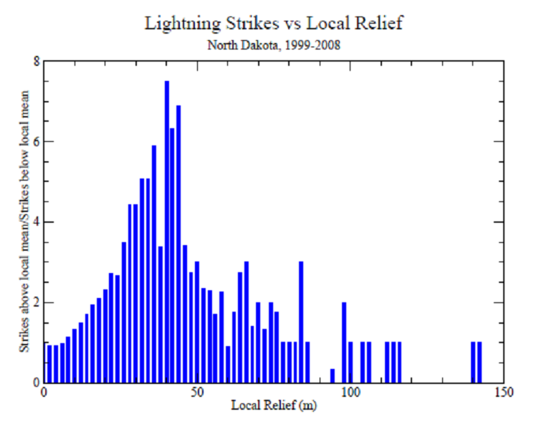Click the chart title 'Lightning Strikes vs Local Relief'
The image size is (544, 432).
[x=273, y=24]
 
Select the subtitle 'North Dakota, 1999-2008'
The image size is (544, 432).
[x=273, y=45]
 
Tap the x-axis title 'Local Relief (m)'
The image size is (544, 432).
[x=274, y=405]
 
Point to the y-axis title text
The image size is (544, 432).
[x=24, y=221]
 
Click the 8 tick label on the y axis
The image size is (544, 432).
[x=37, y=62]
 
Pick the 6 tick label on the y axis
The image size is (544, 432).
[x=37, y=141]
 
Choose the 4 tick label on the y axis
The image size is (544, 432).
[x=37, y=222]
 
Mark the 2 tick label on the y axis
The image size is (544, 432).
[x=37, y=302]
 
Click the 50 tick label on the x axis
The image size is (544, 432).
[x=197, y=392]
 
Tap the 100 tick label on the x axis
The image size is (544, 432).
[x=350, y=392]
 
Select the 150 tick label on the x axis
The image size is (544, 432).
[x=504, y=392]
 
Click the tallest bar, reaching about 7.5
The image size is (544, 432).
[x=167, y=231]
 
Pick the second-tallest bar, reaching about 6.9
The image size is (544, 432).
[x=178, y=244]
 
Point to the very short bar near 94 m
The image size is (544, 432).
[x=333, y=376]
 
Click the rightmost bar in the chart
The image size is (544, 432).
[x=479, y=363]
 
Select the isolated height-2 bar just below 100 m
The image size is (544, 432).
[x=344, y=342]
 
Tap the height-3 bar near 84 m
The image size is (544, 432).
[x=301, y=322]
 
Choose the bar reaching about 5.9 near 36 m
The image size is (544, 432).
[x=154, y=264]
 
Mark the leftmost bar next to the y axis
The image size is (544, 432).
[x=49, y=364]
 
